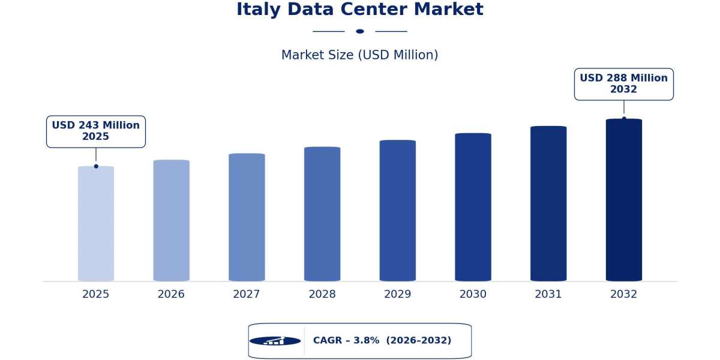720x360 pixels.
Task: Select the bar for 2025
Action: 96,223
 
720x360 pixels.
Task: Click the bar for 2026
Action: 172,220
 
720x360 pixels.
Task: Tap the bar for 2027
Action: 247,217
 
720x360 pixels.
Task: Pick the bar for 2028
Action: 322,214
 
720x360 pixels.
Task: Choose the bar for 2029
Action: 398,210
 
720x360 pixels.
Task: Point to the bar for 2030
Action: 473,207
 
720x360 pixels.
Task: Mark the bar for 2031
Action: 548,203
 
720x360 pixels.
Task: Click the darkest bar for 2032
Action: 624,200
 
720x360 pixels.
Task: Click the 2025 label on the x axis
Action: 96,294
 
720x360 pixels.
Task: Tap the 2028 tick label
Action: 322,294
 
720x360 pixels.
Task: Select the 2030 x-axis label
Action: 473,294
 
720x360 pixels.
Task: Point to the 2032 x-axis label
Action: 624,294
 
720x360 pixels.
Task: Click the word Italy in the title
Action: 259,10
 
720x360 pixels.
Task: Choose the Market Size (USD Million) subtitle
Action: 359,55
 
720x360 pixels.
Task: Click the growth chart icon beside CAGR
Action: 275,341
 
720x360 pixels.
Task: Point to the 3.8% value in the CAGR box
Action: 367,340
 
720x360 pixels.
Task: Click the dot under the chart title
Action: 360,31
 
